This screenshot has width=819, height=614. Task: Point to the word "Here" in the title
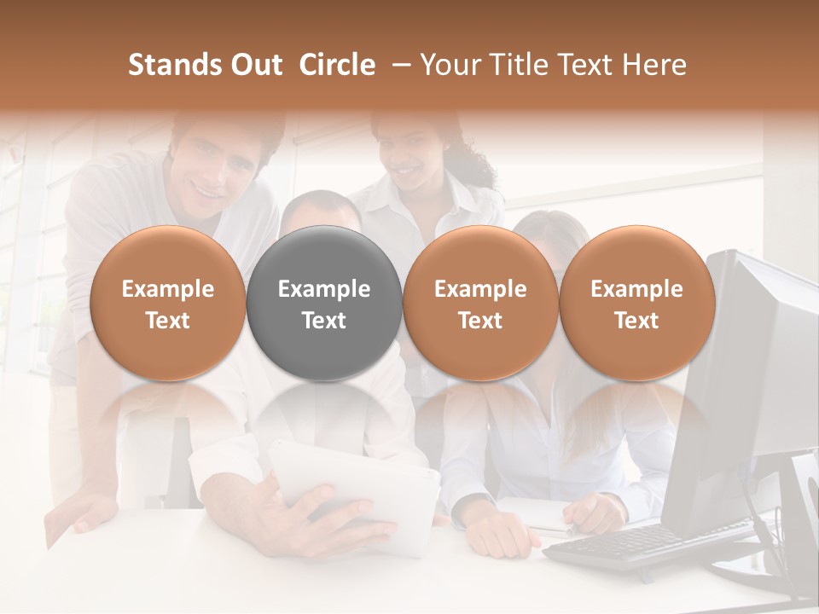point(656,65)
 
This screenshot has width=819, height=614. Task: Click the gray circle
point(324,303)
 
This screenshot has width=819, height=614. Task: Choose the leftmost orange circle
point(168,303)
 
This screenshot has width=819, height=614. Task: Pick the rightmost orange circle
point(636,303)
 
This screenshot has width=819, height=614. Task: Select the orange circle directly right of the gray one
point(480,303)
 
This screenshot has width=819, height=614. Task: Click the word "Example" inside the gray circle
point(324,289)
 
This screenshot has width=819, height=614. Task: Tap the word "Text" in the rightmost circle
point(636,321)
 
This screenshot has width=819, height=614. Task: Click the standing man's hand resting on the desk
point(85,512)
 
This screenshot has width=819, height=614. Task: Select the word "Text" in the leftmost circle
point(168,321)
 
